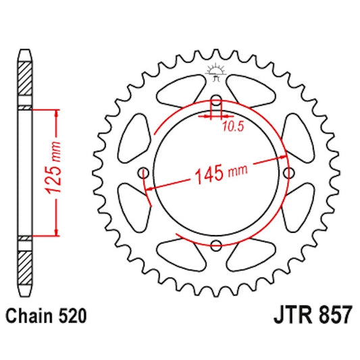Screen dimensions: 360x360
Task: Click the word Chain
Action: pyautogui.click(x=30, y=315)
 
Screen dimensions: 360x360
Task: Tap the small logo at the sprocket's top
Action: pyautogui.click(x=216, y=70)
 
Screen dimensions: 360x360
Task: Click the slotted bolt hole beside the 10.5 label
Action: pyautogui.click(x=216, y=105)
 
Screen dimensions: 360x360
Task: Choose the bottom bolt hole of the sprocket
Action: pyautogui.click(x=216, y=245)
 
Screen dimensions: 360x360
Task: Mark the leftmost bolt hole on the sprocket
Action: pyautogui.click(x=144, y=174)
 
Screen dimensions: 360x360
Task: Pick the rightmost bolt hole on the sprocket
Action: pyautogui.click(x=288, y=174)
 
